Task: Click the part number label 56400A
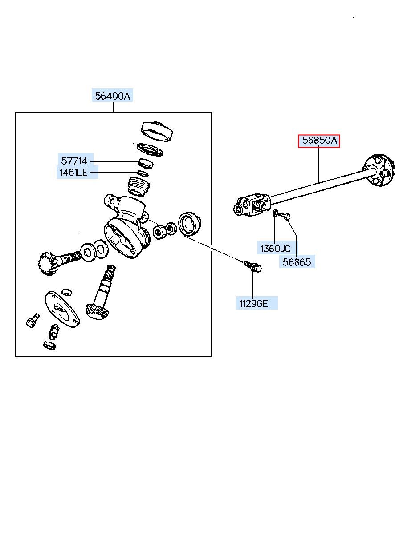[113, 96]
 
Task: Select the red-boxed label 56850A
[319, 141]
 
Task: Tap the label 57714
[74, 161]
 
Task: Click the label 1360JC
[275, 249]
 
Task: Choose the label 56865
[297, 262]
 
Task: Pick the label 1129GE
[253, 304]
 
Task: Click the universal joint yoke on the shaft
[252, 205]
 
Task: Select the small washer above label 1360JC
[276, 213]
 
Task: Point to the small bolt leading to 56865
[285, 217]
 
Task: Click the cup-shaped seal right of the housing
[190, 223]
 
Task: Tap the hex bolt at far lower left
[32, 320]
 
